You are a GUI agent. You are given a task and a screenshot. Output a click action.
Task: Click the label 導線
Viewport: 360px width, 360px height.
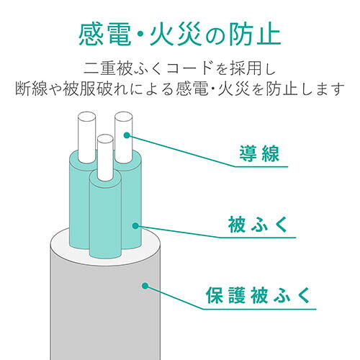(x=259, y=153)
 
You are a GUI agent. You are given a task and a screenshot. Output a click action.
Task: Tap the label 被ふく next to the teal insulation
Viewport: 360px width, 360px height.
(x=258, y=225)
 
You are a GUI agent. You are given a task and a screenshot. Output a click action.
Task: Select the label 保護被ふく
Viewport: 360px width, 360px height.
(x=258, y=295)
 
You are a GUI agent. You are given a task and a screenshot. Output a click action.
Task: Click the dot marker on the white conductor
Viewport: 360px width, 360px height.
(x=127, y=135)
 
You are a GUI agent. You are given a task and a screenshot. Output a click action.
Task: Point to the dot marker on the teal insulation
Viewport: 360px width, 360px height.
(x=135, y=225)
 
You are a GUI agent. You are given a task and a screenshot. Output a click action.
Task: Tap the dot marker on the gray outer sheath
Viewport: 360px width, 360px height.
(x=145, y=286)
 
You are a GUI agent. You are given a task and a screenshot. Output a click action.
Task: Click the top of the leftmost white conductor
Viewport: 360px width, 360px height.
(x=86, y=117)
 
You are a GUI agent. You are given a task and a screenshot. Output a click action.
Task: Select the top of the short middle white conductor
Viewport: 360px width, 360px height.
(x=105, y=139)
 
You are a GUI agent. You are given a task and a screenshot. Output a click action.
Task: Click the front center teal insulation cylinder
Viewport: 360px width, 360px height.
(x=105, y=216)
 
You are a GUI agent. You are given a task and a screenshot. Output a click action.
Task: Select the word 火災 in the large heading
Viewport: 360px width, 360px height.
(x=176, y=35)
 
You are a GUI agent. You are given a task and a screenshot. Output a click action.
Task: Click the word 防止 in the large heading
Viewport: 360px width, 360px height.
(x=255, y=35)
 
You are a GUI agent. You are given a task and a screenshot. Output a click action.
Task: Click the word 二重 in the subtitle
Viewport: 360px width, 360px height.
(x=100, y=68)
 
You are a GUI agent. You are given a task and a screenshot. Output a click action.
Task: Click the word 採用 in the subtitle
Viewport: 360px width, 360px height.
(x=246, y=68)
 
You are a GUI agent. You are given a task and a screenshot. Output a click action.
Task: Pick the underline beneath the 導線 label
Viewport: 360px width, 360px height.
(x=261, y=166)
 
